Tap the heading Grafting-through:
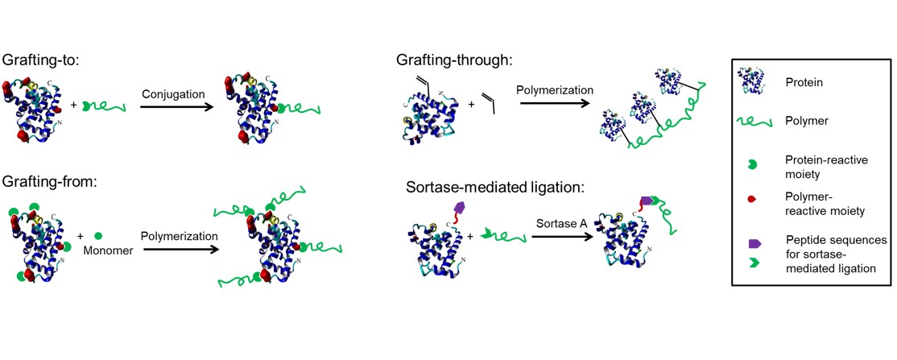pos(454,60)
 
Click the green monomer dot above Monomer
pos(97,237)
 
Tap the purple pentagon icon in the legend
pos(754,242)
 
